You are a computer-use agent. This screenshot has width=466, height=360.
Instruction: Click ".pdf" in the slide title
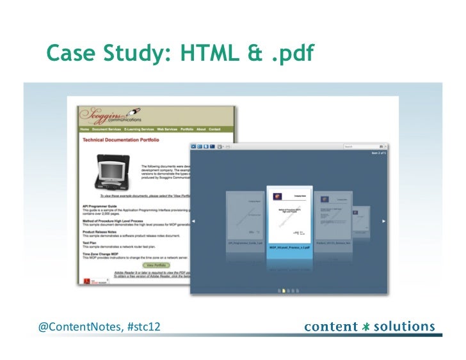(291, 56)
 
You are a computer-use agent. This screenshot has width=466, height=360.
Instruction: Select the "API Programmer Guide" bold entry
(103, 207)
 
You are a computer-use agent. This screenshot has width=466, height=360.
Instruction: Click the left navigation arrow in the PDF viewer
(194, 221)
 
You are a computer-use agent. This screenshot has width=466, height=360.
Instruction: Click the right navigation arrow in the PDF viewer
(383, 221)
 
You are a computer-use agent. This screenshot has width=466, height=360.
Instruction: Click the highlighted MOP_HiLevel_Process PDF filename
(289, 246)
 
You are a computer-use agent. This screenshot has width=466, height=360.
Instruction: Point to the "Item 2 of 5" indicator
(378, 153)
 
